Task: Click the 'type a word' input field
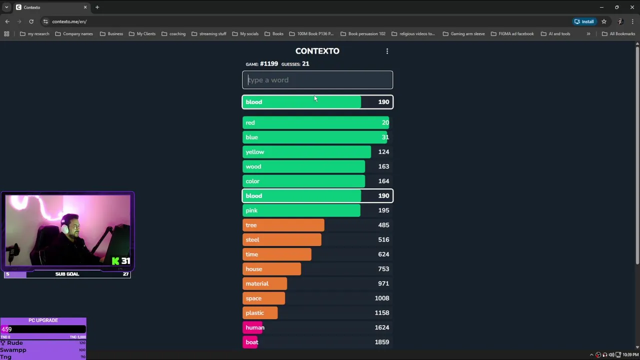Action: click(317, 80)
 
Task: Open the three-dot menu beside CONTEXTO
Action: click(387, 51)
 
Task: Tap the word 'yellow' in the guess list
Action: click(255, 152)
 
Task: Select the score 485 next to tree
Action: click(383, 225)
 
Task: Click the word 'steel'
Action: click(252, 239)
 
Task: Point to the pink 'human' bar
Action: click(254, 327)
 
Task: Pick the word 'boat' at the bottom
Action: click(252, 342)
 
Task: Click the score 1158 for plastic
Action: click(381, 313)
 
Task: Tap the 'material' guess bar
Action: click(264, 283)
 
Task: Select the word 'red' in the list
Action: click(250, 122)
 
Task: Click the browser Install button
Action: click(584, 21)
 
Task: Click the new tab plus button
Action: click(97, 7)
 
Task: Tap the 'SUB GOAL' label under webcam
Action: click(67, 274)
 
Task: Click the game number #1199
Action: click(269, 64)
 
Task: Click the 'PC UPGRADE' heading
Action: click(43, 320)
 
